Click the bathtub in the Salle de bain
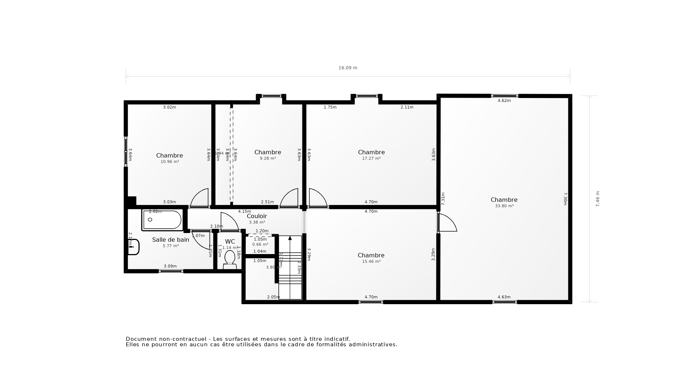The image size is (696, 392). (162, 220)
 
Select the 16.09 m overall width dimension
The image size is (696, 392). (348, 68)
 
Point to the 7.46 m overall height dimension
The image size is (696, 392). (598, 199)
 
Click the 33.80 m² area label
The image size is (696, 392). (504, 206)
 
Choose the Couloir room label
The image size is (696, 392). (257, 216)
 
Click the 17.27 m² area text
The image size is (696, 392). (371, 159)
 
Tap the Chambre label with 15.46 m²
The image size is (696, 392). (371, 256)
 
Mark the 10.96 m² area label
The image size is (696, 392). (170, 162)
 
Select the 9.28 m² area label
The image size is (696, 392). (268, 159)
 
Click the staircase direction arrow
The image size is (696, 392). (290, 238)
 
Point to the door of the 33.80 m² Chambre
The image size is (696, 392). (448, 223)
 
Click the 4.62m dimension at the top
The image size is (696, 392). (504, 101)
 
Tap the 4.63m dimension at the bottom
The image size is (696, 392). (504, 297)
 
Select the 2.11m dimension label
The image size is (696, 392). (407, 107)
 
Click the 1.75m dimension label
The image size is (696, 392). (330, 107)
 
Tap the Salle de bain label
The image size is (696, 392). (170, 240)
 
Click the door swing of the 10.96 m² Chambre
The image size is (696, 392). (200, 198)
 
